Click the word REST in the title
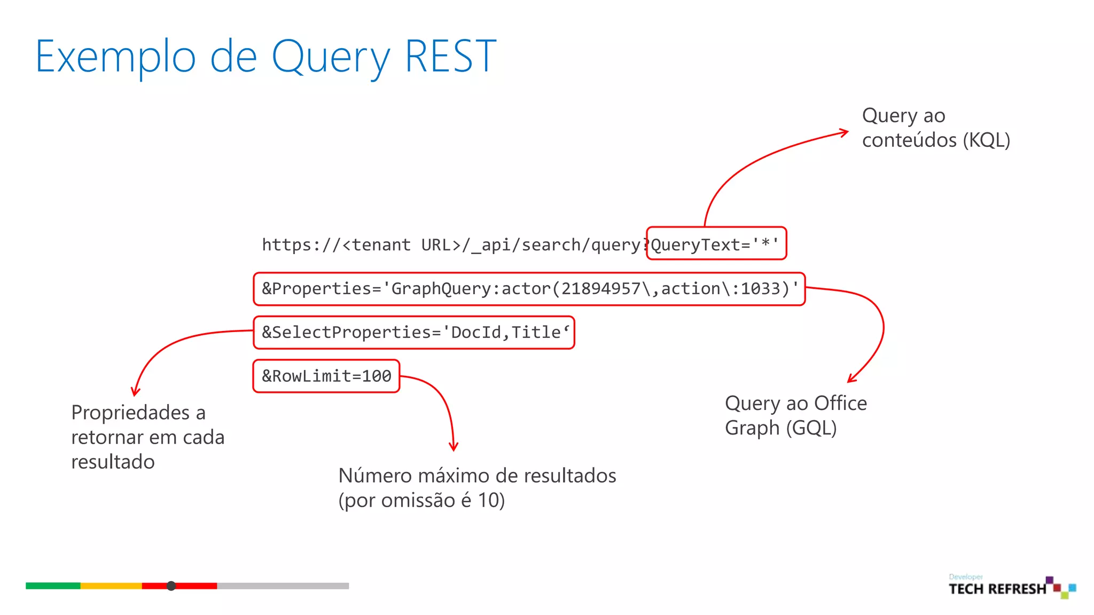pyautogui.click(x=450, y=56)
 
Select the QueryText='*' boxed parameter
pyautogui.click(x=716, y=244)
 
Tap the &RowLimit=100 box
pyautogui.click(x=326, y=376)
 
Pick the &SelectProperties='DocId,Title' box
pyautogui.click(x=414, y=333)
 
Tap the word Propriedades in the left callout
pyautogui.click(x=131, y=413)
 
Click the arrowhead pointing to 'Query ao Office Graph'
pyautogui.click(x=851, y=379)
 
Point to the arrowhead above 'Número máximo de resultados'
pyautogui.click(x=454, y=447)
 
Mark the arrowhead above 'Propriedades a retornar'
pyautogui.click(x=136, y=391)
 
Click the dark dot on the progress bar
pyautogui.click(x=171, y=586)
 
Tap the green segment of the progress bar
pyautogui.click(x=53, y=586)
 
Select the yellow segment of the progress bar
pyautogui.click(x=111, y=586)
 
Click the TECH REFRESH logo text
pyautogui.click(x=997, y=589)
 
